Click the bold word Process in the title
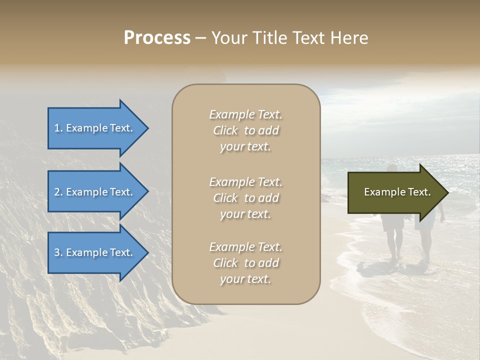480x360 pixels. pos(157,38)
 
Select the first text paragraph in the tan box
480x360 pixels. pos(245,130)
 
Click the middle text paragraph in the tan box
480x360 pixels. pos(245,198)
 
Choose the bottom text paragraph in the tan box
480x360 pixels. pos(245,263)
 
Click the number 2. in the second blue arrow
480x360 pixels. pos(58,192)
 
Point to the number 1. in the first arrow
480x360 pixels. pos(58,128)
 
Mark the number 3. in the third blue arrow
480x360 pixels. pos(58,252)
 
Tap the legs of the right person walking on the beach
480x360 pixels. pos(425,245)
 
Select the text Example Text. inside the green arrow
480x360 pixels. pos(397,192)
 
